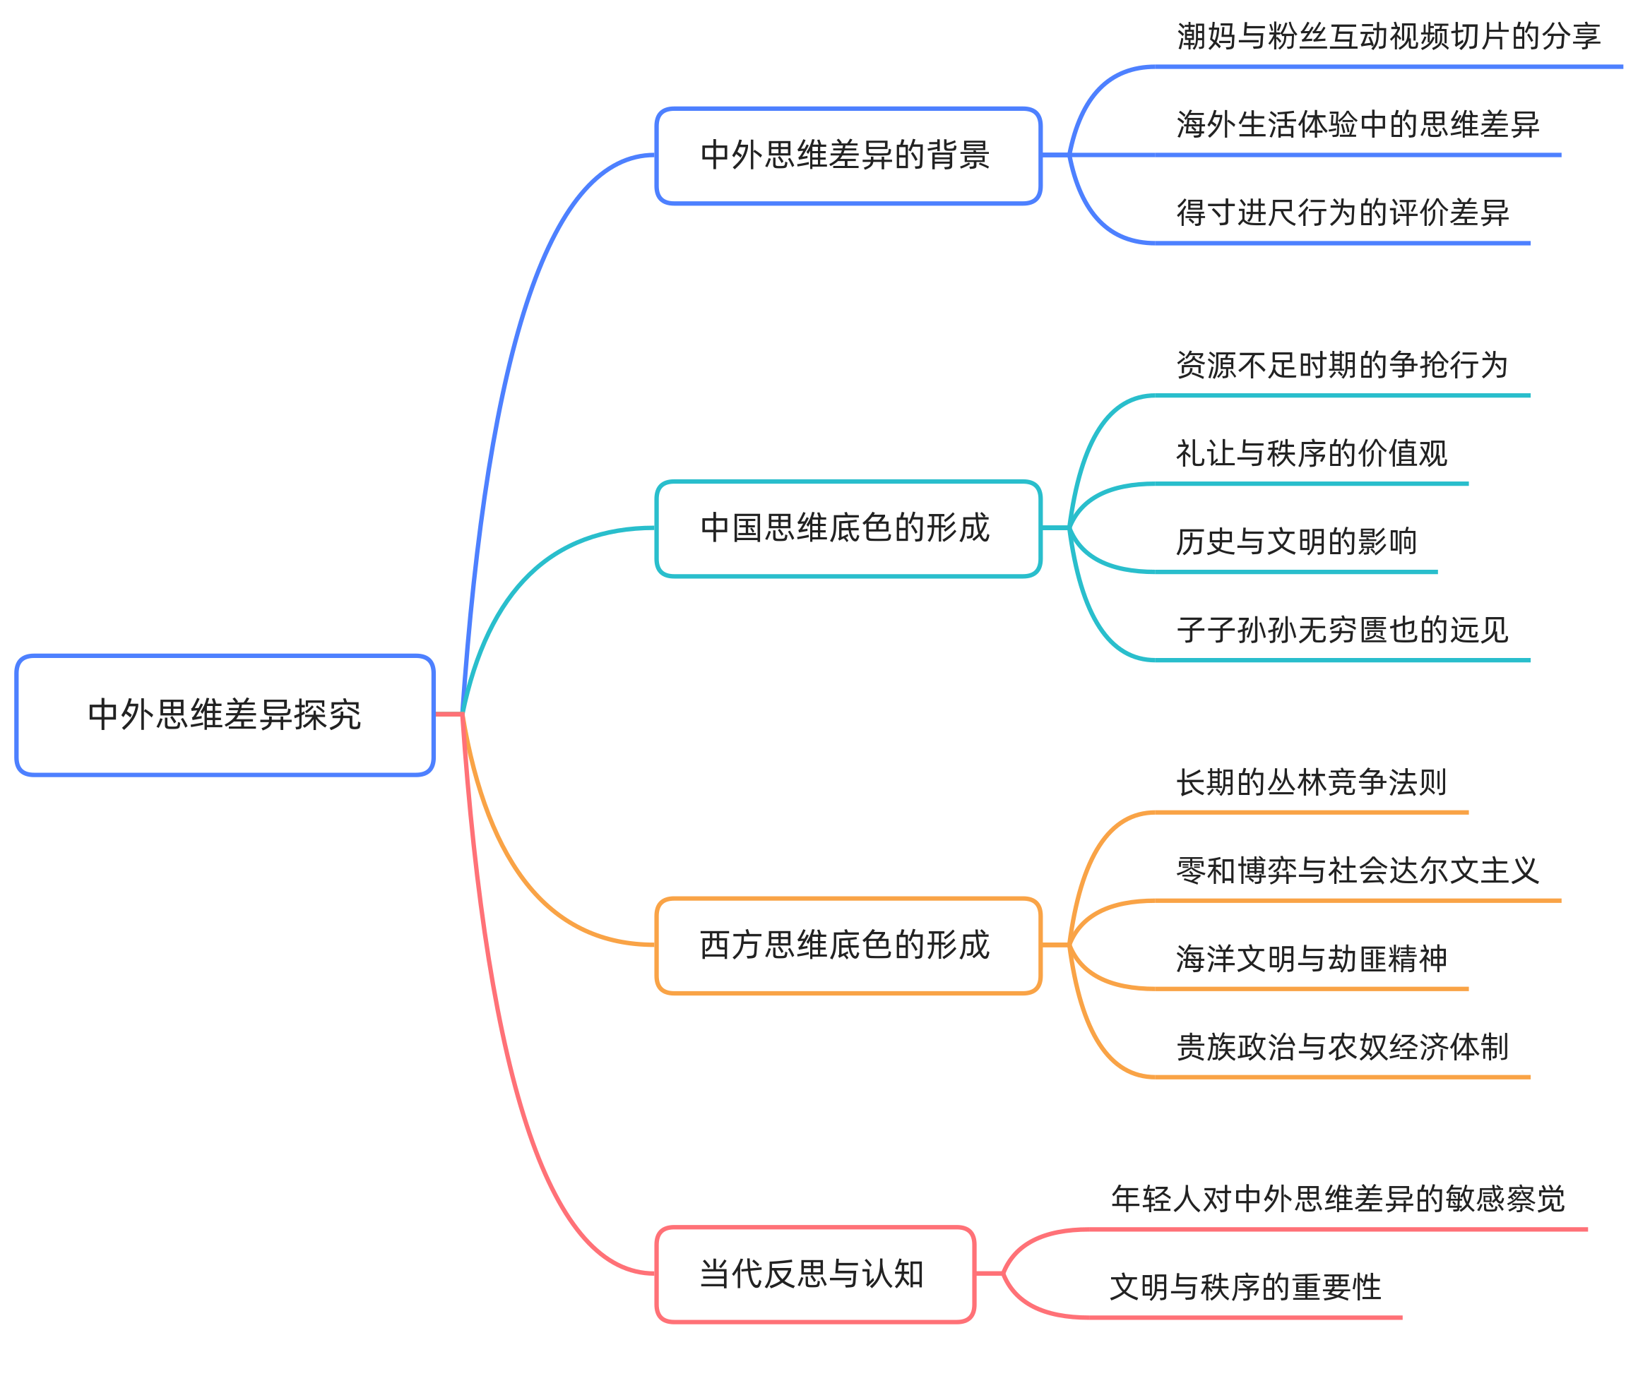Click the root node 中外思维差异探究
click(225, 714)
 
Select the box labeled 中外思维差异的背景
click(848, 156)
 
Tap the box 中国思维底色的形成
click(848, 528)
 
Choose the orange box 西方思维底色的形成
click(848, 945)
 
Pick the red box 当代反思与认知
click(814, 1274)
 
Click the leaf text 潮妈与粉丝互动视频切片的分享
click(1388, 36)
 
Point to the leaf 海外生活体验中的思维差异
click(1357, 124)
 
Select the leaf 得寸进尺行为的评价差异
click(1342, 213)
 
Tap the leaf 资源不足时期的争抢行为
click(1341, 365)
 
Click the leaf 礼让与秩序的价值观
click(1312, 453)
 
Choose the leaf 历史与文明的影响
click(1295, 542)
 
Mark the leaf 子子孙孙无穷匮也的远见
click(1341, 630)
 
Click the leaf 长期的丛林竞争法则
click(1312, 782)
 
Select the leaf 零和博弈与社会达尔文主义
click(1357, 871)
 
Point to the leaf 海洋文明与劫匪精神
click(1312, 958)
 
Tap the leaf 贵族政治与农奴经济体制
click(1341, 1046)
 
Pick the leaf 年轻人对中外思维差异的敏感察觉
click(1337, 1199)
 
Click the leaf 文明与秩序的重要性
click(1245, 1287)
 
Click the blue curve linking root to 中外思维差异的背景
click(519, 330)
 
